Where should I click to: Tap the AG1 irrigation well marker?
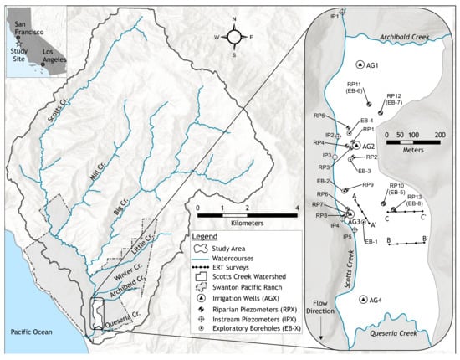(360, 65)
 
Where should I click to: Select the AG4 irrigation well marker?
(362, 300)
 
